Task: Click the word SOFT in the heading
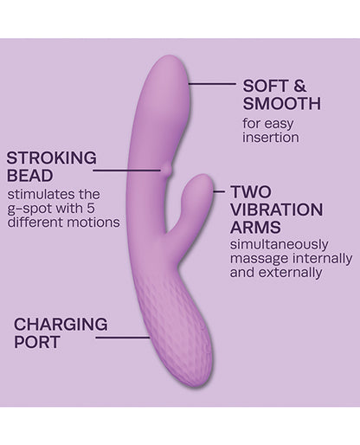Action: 266,86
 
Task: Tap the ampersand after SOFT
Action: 299,86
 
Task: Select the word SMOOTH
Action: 282,104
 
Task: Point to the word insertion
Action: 271,138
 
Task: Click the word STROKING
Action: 52,158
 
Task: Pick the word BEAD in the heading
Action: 30,176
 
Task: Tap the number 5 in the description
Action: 91,209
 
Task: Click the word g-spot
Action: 26,210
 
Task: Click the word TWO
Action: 251,192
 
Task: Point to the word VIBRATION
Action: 277,210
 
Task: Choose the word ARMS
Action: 255,228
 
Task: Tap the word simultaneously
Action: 280,245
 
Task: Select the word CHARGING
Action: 61,325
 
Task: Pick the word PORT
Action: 36,342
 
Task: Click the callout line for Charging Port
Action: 123,337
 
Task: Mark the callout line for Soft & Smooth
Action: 212,84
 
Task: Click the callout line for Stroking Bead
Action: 126,171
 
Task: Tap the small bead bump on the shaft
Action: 167,170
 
